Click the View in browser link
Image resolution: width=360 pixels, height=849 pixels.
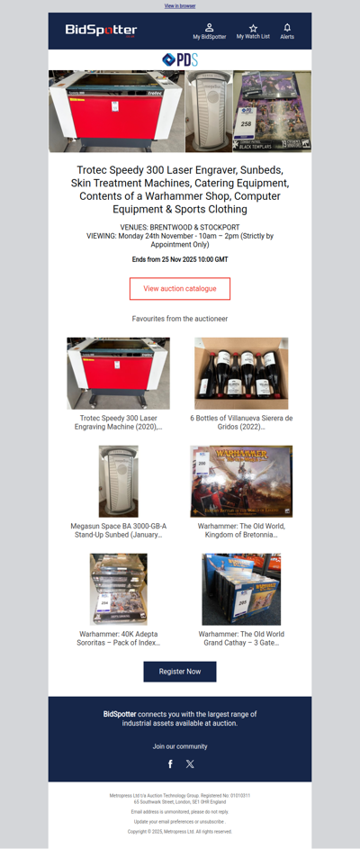coord(180,5)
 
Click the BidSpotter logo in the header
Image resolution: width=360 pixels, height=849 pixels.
coord(101,31)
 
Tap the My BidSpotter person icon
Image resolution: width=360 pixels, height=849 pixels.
coord(209,28)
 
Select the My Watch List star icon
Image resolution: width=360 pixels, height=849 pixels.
coord(253,28)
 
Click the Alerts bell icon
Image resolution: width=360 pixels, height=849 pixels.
coord(287,28)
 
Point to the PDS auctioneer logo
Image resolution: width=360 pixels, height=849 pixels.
coord(180,59)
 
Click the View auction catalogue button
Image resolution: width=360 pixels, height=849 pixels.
coord(180,288)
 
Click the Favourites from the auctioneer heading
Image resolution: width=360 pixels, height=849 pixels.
coord(180,319)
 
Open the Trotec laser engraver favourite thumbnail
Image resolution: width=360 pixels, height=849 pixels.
coord(118,373)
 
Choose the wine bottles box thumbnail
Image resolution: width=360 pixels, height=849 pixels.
coord(241,373)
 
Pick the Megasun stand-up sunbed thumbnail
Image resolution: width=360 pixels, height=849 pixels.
coord(118,481)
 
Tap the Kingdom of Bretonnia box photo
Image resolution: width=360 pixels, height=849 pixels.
coord(241,481)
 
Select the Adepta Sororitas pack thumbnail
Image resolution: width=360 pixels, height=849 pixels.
coord(118,589)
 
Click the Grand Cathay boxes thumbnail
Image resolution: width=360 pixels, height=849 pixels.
coord(241,589)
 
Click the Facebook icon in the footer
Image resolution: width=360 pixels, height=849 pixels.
coord(170,763)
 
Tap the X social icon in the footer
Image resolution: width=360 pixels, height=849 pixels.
coord(190,763)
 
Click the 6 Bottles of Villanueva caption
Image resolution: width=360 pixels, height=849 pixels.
coord(241,422)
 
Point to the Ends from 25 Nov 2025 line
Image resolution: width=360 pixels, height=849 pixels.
coord(180,259)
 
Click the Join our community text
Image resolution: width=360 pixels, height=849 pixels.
coord(180,746)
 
